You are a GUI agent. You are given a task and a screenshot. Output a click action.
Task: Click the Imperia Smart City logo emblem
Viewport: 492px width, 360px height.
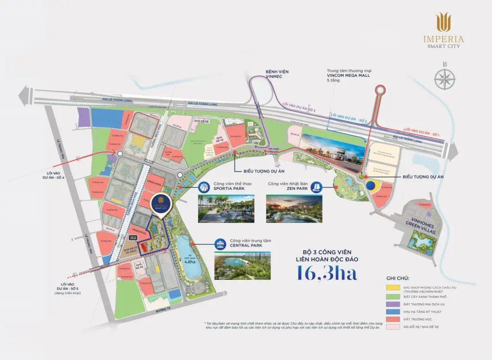click(x=443, y=23)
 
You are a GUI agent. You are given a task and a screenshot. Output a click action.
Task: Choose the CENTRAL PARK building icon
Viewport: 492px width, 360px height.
click(x=221, y=244)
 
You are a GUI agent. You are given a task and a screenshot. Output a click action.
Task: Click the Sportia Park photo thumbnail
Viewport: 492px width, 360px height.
click(x=226, y=208)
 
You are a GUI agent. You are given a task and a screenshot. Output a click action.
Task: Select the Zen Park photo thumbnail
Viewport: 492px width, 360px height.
click(x=294, y=208)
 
